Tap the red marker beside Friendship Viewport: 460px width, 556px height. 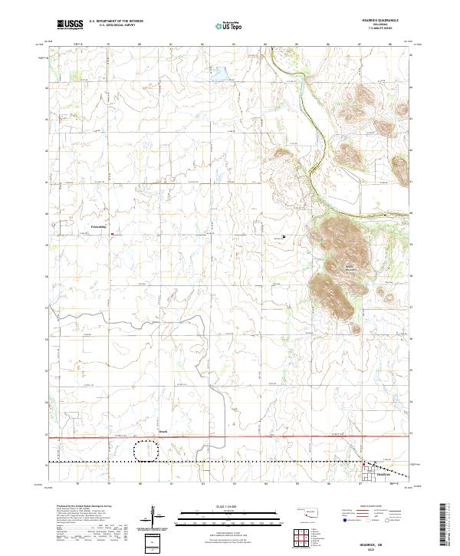(112, 235)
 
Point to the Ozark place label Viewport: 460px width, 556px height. (163, 432)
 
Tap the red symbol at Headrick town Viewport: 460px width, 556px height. (364, 464)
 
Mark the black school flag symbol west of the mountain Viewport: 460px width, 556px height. (284, 236)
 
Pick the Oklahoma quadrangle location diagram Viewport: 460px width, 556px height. (310, 510)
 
